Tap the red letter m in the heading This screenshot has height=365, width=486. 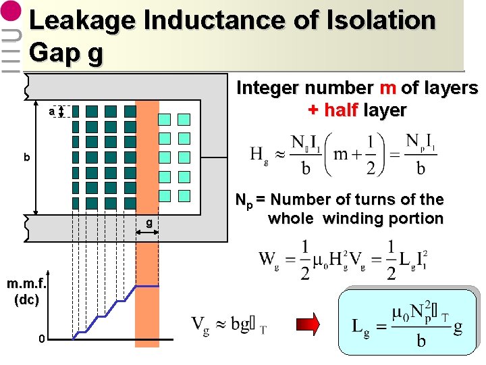click(x=387, y=89)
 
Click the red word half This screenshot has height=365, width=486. click(x=342, y=110)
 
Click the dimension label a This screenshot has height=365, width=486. click(x=52, y=112)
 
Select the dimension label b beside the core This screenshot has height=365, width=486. click(x=27, y=157)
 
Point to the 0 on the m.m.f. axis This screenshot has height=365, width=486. click(x=42, y=338)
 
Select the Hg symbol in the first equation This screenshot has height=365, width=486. click(x=259, y=155)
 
